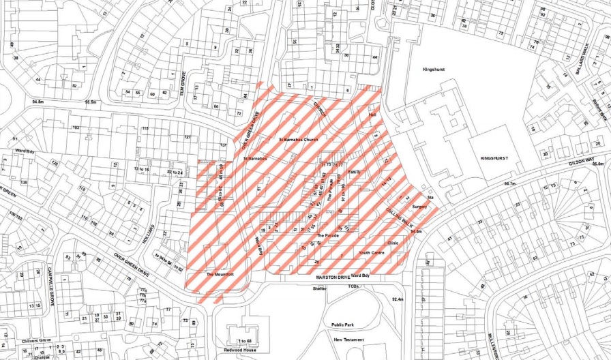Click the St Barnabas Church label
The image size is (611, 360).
point(299,139)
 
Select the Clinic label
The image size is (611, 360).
point(392,242)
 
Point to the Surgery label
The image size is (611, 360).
point(420,206)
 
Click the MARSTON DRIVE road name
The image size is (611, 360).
point(332,277)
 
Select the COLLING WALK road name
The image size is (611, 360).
point(400,217)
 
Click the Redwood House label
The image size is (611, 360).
point(243,349)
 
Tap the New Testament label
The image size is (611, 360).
point(348,339)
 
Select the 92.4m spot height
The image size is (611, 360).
point(398,299)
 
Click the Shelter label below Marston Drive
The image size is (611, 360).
point(319,288)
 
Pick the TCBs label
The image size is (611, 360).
point(353,286)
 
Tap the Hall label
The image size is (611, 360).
point(372,116)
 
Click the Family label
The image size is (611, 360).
point(354,172)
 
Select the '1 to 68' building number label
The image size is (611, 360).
point(243,340)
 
